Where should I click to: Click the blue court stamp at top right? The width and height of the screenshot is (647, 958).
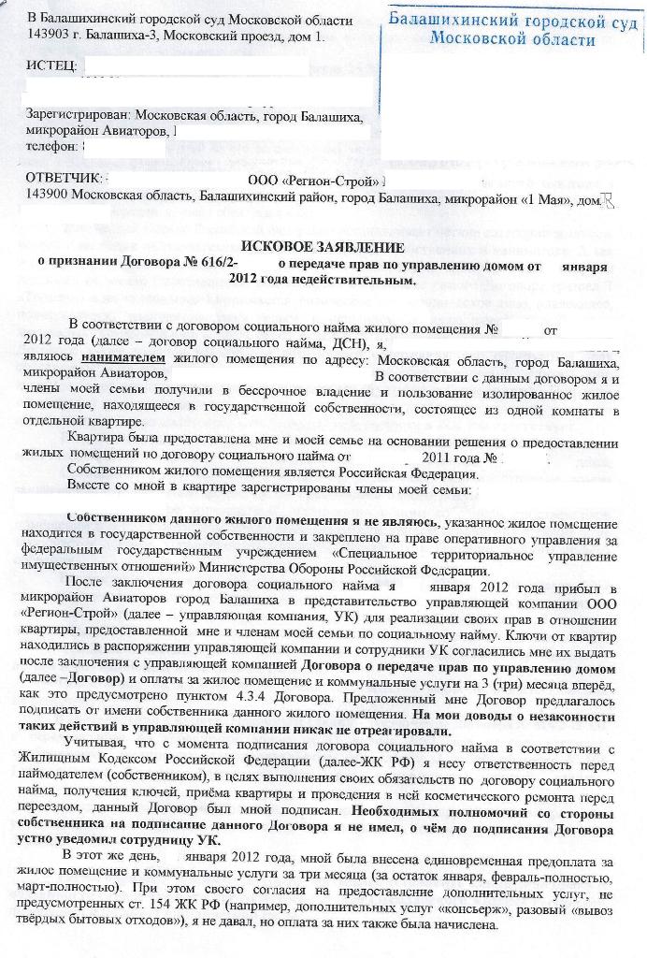pos(513,29)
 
